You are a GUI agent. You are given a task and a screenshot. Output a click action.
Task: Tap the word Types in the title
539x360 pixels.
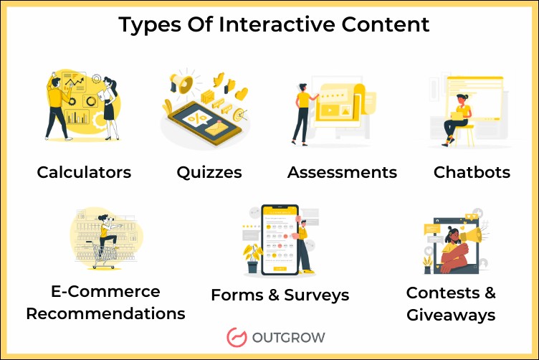click(149, 25)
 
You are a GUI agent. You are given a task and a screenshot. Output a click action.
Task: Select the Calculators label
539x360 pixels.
click(84, 172)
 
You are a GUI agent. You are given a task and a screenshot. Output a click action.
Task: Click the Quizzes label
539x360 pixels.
click(209, 172)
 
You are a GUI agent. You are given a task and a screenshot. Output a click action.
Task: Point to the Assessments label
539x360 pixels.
click(342, 172)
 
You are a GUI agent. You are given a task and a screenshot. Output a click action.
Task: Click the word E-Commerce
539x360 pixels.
click(105, 291)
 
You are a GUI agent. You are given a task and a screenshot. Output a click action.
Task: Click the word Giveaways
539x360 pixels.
click(451, 315)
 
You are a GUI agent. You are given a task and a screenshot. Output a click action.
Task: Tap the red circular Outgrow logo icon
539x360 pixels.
click(237, 337)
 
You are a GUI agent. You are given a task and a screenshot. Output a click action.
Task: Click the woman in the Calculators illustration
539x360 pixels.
click(109, 104)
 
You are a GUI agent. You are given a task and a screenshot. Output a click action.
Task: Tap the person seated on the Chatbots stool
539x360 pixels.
click(457, 118)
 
